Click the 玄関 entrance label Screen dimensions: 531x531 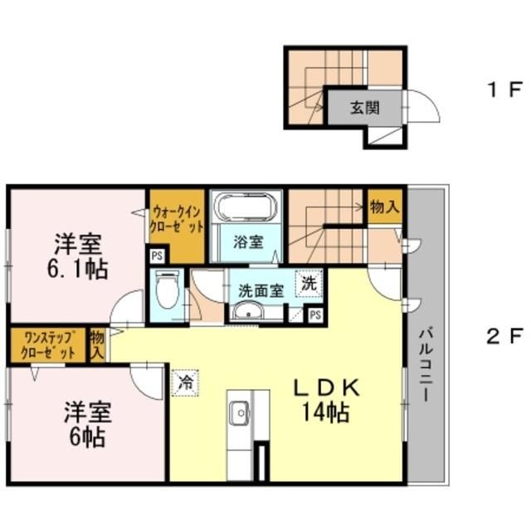358,107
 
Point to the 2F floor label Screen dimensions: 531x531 504,337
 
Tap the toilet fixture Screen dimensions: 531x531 168,290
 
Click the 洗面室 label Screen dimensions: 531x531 261,290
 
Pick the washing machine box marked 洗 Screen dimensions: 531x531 309,283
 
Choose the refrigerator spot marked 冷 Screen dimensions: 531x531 186,382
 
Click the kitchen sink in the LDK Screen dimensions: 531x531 240,411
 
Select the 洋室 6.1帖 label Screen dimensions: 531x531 79,256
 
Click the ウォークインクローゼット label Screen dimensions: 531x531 176,219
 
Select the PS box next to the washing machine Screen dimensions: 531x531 314,314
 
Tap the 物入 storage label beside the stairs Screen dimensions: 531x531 384,207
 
